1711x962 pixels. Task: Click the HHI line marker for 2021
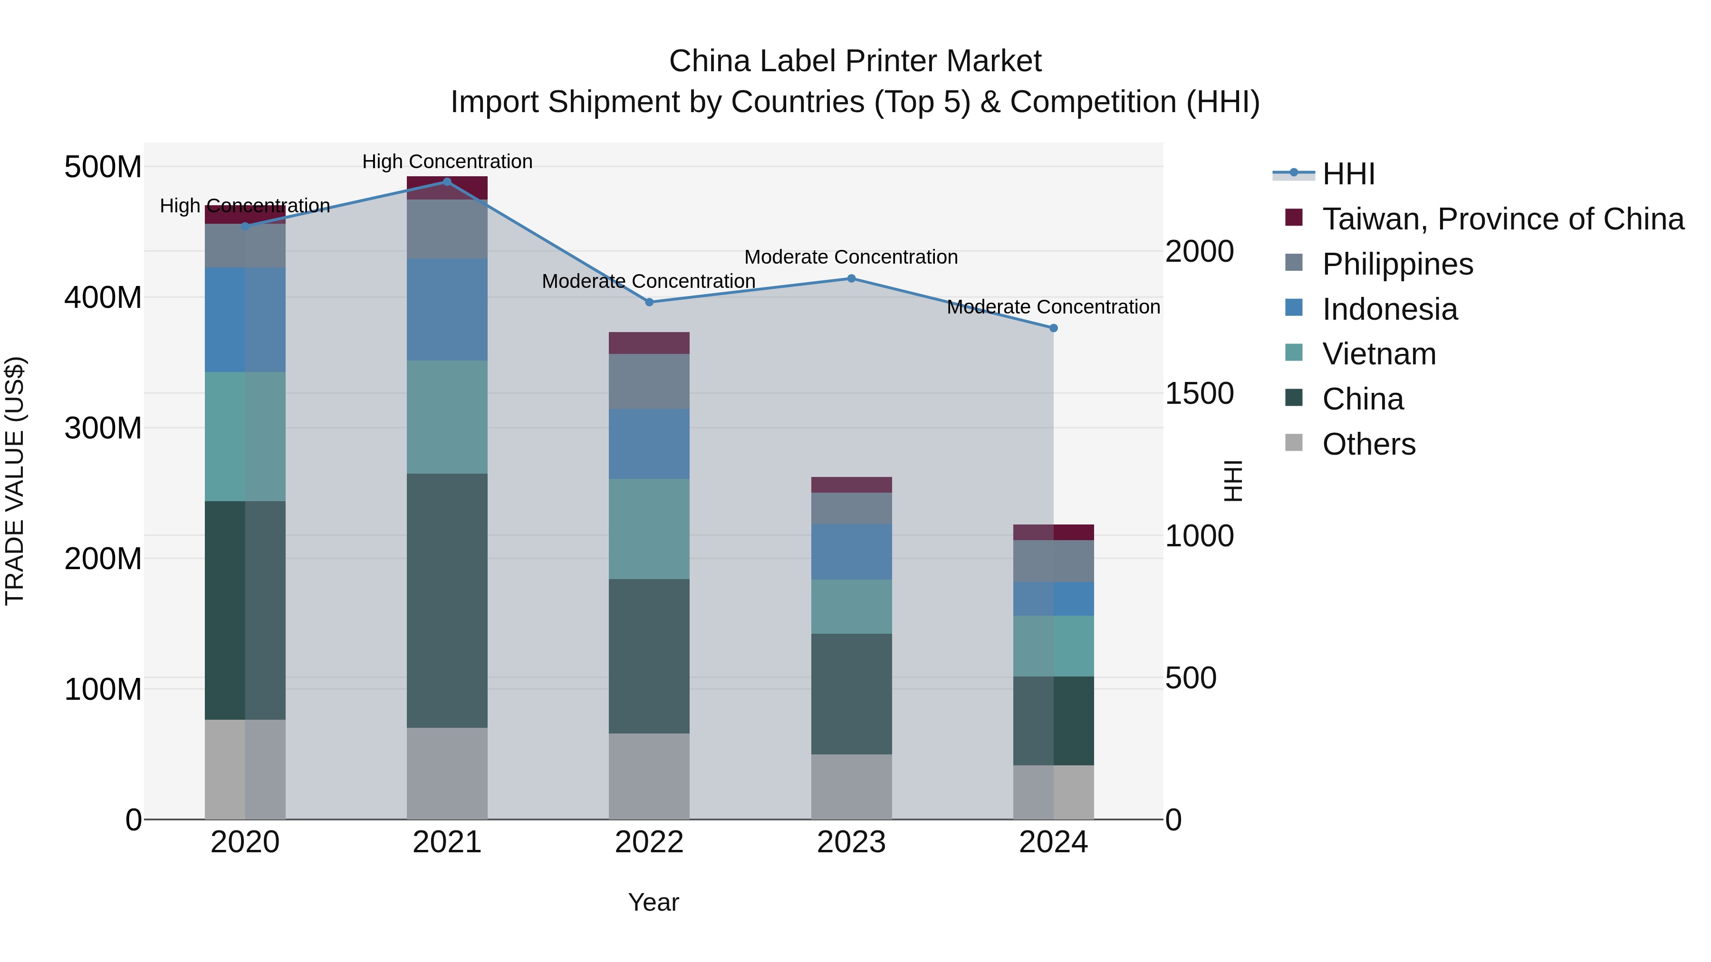coord(447,181)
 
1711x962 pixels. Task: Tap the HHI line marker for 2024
coord(1053,328)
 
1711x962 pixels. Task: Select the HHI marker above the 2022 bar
coord(650,302)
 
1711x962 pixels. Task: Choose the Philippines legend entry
coord(1397,264)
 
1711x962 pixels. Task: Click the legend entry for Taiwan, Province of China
coord(1502,219)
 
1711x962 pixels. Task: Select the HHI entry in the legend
coord(1348,174)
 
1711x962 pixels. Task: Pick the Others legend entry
coord(1368,444)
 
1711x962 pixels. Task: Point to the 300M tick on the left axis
coord(103,428)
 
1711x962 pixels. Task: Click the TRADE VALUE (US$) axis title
coord(15,481)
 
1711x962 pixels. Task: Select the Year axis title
coord(654,902)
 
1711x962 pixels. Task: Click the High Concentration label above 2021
coord(447,162)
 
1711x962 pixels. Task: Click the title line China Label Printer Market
coord(855,61)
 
